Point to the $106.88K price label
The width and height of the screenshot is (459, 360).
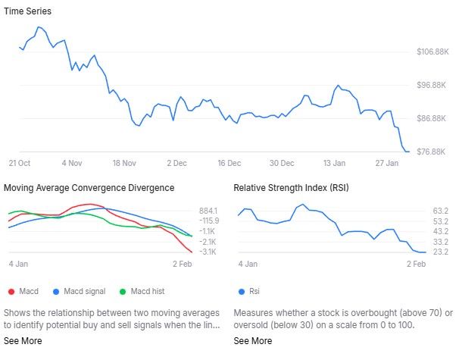[433, 52]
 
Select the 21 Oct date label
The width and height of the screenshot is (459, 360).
[19, 163]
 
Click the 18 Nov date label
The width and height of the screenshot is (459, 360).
[123, 163]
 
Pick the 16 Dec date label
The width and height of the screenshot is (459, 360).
[228, 163]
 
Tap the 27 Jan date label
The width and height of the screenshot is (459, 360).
[386, 163]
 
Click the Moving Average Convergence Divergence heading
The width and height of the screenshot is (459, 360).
[89, 188]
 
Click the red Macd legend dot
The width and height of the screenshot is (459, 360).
[11, 291]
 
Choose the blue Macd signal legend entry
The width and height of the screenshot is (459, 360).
[80, 291]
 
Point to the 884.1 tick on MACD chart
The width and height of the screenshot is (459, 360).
[209, 211]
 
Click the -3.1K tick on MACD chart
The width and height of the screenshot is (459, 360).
[209, 252]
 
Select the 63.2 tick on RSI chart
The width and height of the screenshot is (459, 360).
[442, 211]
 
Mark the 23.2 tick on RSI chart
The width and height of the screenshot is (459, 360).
[442, 252]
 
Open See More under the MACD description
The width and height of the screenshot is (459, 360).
[23, 341]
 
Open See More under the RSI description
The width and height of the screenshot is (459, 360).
[252, 341]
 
